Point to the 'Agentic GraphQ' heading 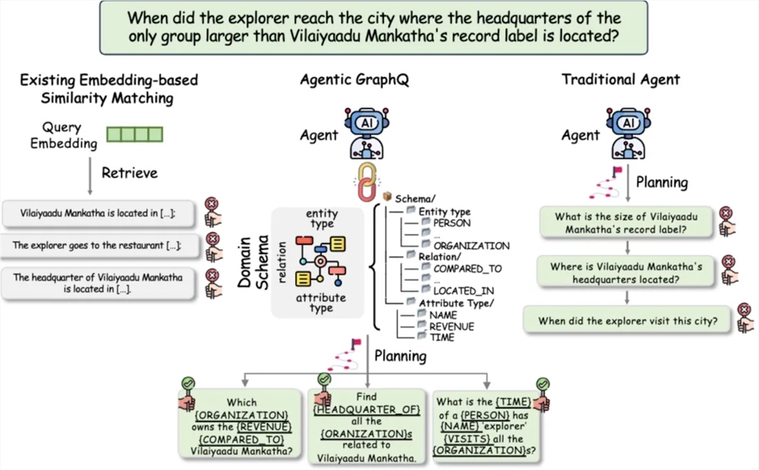pos(354,80)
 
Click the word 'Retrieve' pos(130,173)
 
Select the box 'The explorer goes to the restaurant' pos(96,246)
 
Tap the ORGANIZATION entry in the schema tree pos(471,246)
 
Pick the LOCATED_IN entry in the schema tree pos(465,290)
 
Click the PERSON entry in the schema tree pos(451,223)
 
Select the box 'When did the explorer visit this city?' pos(628,321)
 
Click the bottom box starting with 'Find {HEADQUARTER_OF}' pos(367,426)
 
